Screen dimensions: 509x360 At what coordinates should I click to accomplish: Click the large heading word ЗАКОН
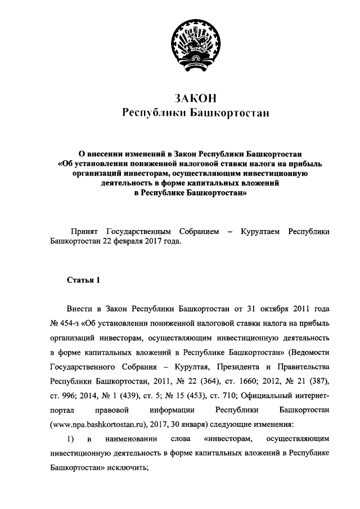tap(195, 98)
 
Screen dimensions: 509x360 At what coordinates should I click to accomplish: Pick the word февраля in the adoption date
tap(141, 242)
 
